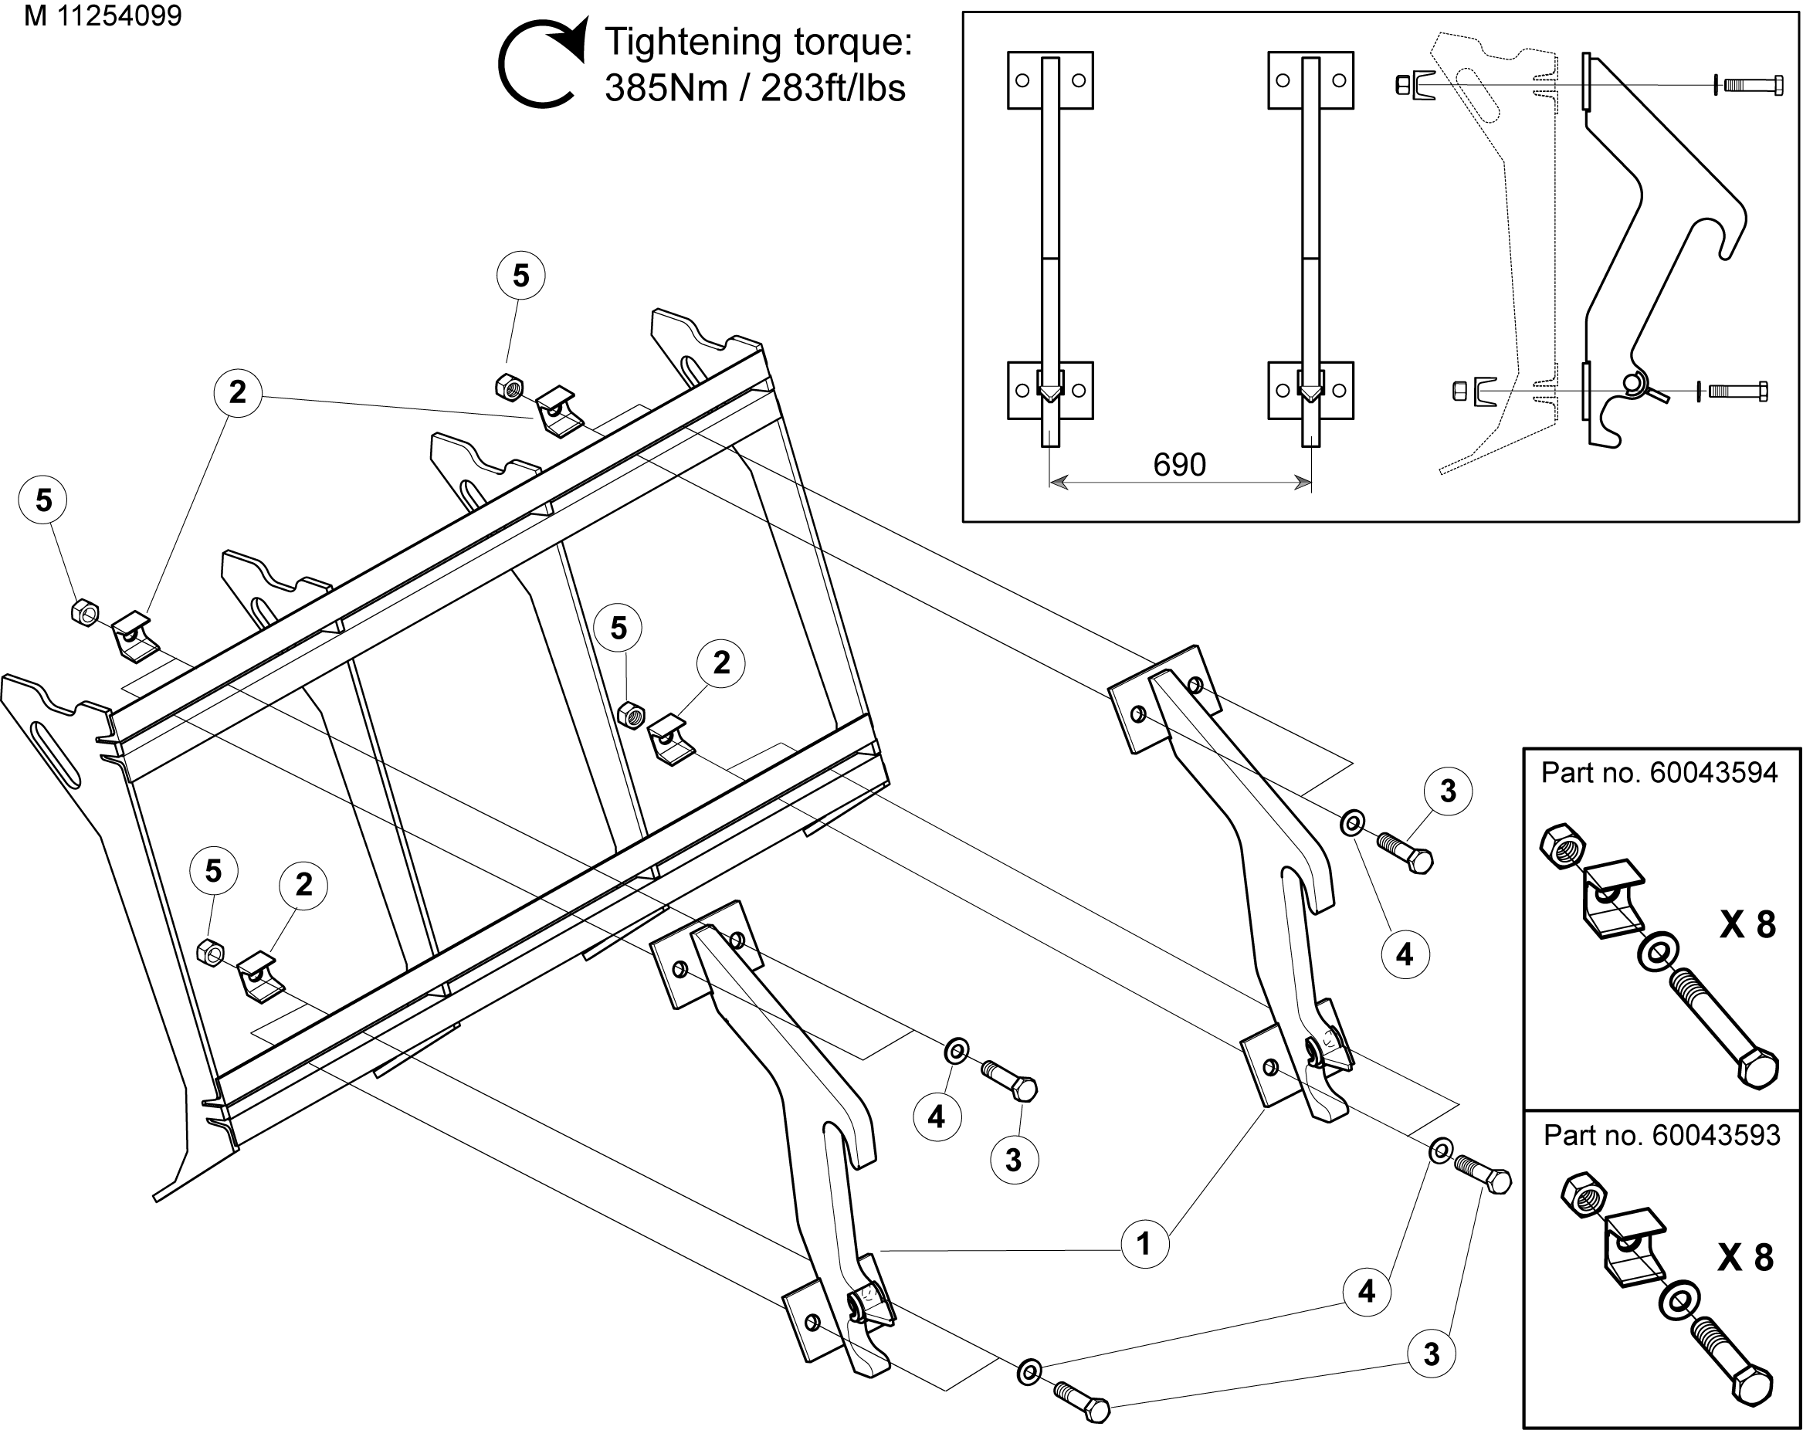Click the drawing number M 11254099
[103, 16]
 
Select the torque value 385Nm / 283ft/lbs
[754, 89]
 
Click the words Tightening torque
[757, 42]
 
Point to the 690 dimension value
[1179, 465]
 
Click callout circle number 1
[1144, 1245]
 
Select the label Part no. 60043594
[1659, 773]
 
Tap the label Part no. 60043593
[1662, 1136]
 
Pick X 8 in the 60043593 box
[1745, 1258]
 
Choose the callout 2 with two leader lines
[238, 391]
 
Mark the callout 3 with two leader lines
[1431, 1354]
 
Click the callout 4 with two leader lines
[1367, 1292]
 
